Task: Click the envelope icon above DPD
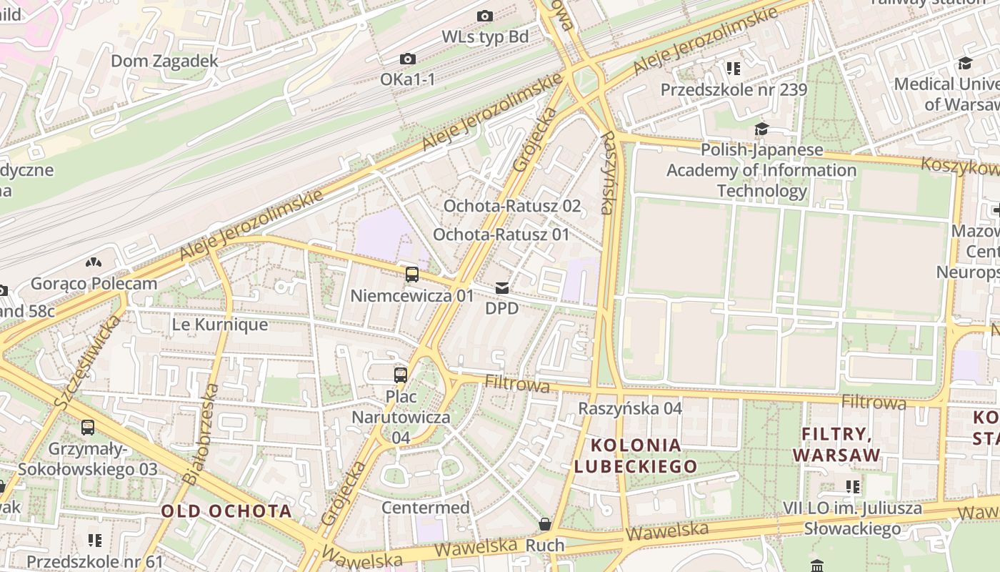pos(502,288)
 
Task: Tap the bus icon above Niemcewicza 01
pos(411,274)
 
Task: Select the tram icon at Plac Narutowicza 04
pos(401,375)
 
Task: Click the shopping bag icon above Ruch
pos(545,525)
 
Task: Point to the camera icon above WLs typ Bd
pos(485,16)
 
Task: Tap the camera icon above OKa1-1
pos(408,59)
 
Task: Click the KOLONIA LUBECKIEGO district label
pos(636,455)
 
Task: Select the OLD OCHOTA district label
pos(226,511)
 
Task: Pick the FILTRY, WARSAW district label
pos(836,444)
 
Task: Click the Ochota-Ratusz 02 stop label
pos(512,206)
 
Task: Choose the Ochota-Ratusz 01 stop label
pos(501,235)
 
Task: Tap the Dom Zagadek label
pos(164,61)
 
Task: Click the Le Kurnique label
pos(220,325)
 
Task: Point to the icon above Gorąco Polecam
pos(93,263)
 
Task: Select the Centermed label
pos(426,508)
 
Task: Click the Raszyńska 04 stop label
pos(630,408)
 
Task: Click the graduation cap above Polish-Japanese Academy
pos(761,129)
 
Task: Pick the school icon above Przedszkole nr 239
pos(733,69)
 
